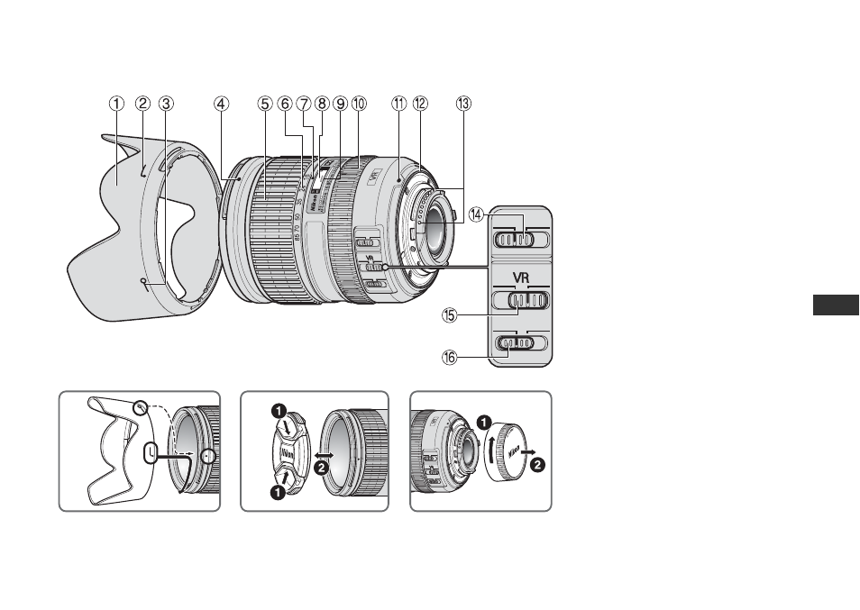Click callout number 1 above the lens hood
click(x=116, y=103)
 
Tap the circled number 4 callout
click(x=221, y=103)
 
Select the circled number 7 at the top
click(x=304, y=103)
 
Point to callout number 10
click(x=359, y=103)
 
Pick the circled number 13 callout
click(x=462, y=103)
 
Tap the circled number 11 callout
click(x=399, y=103)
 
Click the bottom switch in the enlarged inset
click(x=519, y=342)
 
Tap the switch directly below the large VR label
click(x=521, y=299)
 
